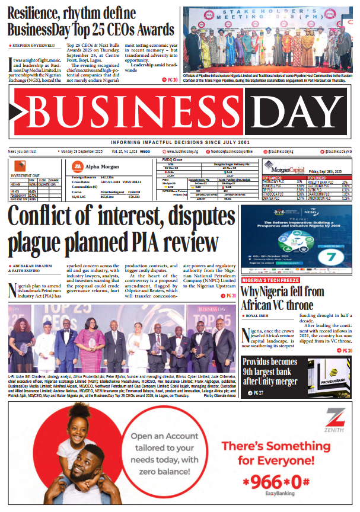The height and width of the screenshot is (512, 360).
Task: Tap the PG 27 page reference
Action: (259, 393)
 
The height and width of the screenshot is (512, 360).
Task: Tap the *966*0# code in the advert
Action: (281, 481)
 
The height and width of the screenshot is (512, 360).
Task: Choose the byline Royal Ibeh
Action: (259, 316)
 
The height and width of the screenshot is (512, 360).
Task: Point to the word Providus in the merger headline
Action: (261, 362)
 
